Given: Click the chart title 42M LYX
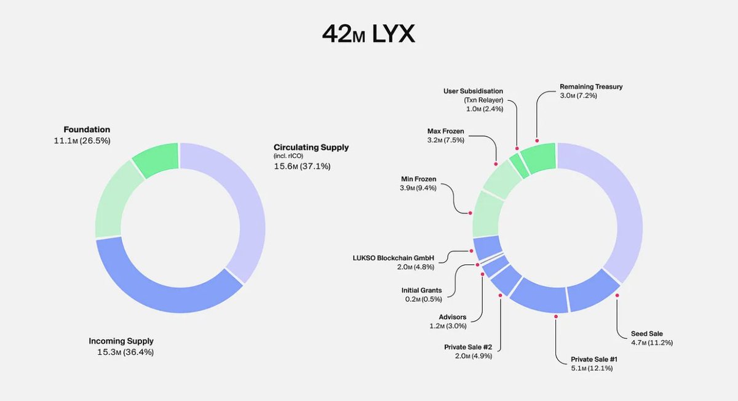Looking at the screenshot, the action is tap(368, 34).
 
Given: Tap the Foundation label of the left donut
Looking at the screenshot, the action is tap(87, 130).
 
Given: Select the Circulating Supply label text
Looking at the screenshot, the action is tap(311, 148).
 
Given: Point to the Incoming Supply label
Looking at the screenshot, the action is tap(121, 341).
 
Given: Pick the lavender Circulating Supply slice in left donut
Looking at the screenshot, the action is tap(246, 209).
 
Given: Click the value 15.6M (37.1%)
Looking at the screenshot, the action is tap(302, 166).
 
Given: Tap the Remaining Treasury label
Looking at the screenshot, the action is tap(591, 87).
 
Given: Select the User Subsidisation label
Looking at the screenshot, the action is tap(473, 91).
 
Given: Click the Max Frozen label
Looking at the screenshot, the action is tap(445, 131).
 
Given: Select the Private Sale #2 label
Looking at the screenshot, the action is tap(468, 347).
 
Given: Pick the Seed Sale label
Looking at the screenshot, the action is tap(646, 333).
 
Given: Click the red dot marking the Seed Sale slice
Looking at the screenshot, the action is tap(617, 295).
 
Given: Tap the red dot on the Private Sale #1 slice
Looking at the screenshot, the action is tap(556, 316).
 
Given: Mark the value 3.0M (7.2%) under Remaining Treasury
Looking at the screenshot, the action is tap(578, 96).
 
